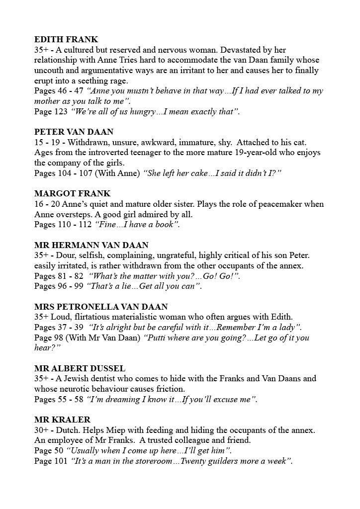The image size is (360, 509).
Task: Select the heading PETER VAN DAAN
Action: pyautogui.click(x=74, y=132)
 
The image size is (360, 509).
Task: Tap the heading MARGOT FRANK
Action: pyautogui.click(x=72, y=193)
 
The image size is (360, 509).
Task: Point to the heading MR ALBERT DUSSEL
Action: pyautogui.click(x=80, y=368)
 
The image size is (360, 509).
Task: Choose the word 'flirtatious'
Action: pyautogui.click(x=93, y=317)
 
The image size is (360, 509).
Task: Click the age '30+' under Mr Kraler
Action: pyautogui.click(x=43, y=430)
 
